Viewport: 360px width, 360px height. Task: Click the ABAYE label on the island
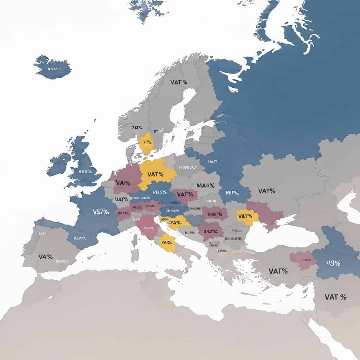point(54,69)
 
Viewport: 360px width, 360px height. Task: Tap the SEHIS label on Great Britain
point(85,171)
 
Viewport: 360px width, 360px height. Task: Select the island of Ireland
point(59,164)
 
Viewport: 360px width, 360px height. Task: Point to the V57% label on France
point(101,212)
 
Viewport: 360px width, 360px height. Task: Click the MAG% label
point(205,185)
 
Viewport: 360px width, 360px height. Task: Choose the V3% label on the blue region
point(333,263)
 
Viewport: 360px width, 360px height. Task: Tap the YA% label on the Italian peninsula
point(167,242)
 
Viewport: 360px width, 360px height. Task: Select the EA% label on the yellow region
point(175,222)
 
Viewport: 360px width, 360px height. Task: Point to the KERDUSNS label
point(233,238)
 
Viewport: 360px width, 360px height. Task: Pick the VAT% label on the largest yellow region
point(156,174)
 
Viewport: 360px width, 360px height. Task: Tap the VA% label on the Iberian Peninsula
point(46,257)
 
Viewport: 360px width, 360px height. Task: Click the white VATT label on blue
point(213,162)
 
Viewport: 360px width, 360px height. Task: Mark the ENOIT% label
point(215,213)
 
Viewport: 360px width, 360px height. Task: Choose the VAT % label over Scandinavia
point(179,82)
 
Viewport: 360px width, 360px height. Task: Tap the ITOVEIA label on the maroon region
point(148,228)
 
